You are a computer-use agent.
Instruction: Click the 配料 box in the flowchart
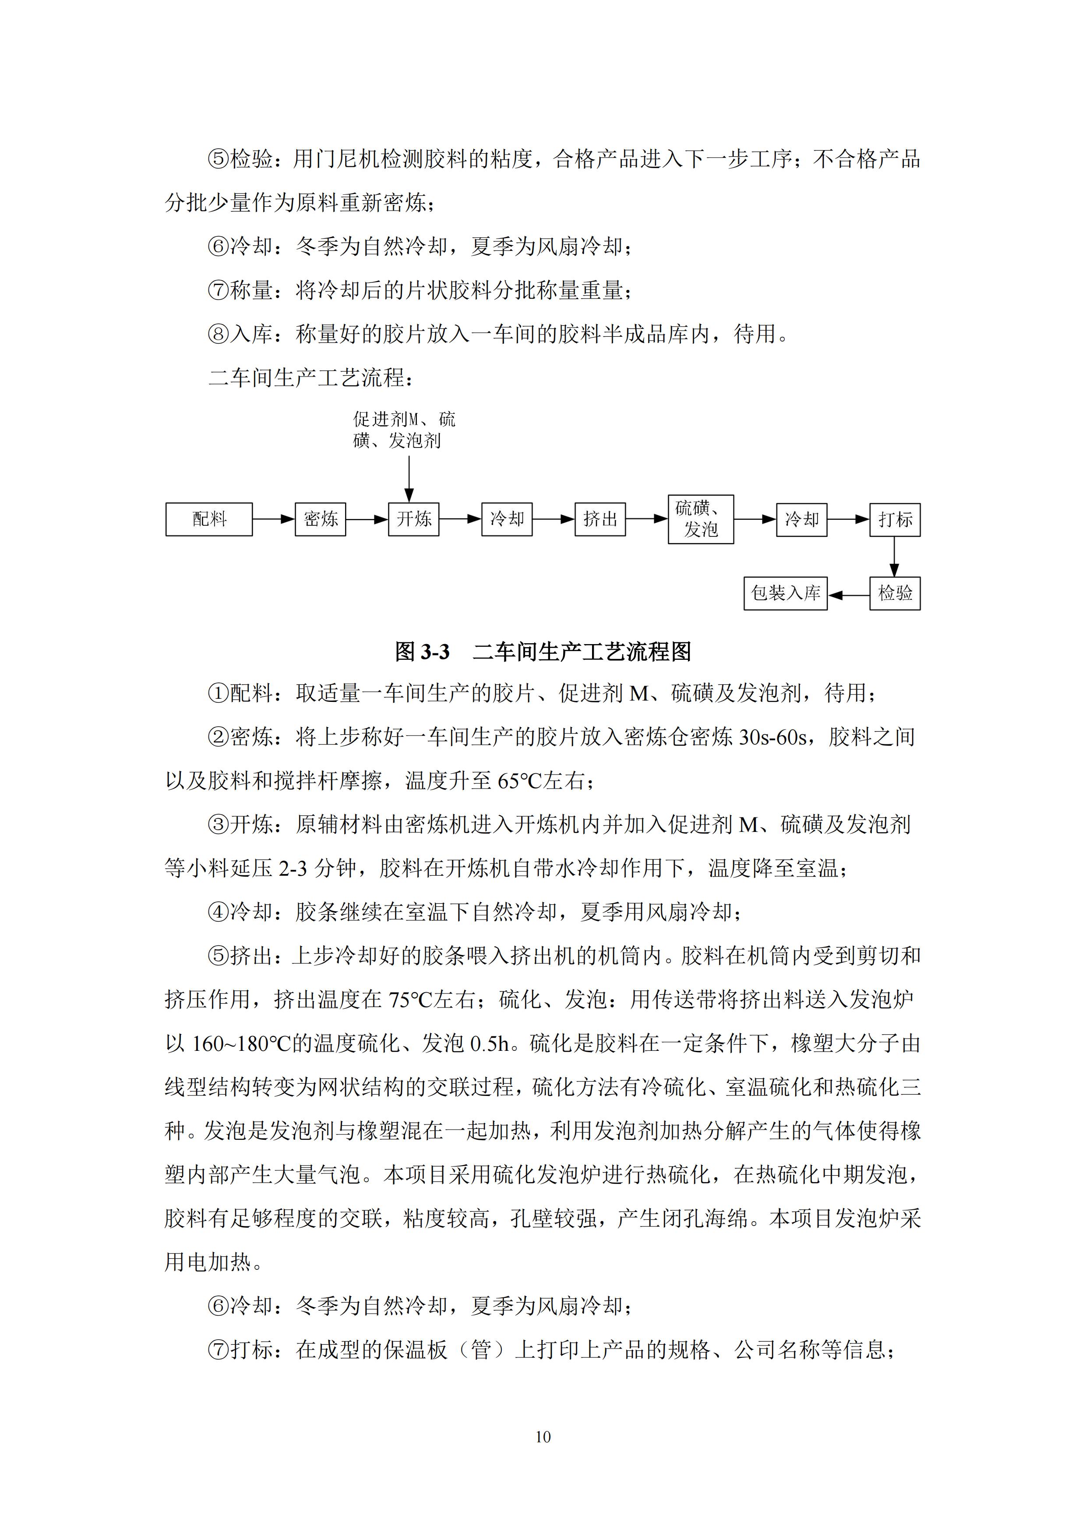pyautogui.click(x=209, y=519)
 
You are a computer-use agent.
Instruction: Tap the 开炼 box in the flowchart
pyautogui.click(x=413, y=519)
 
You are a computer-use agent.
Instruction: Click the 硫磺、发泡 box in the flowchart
pyautogui.click(x=701, y=519)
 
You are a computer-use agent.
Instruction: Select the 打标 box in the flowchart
pyautogui.click(x=895, y=519)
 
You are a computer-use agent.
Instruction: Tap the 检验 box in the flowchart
pyautogui.click(x=895, y=593)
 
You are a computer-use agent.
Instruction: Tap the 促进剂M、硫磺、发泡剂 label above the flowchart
pyautogui.click(x=404, y=430)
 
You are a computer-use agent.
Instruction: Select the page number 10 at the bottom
pyautogui.click(x=543, y=1436)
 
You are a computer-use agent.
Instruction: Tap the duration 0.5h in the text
pyautogui.click(x=490, y=1043)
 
